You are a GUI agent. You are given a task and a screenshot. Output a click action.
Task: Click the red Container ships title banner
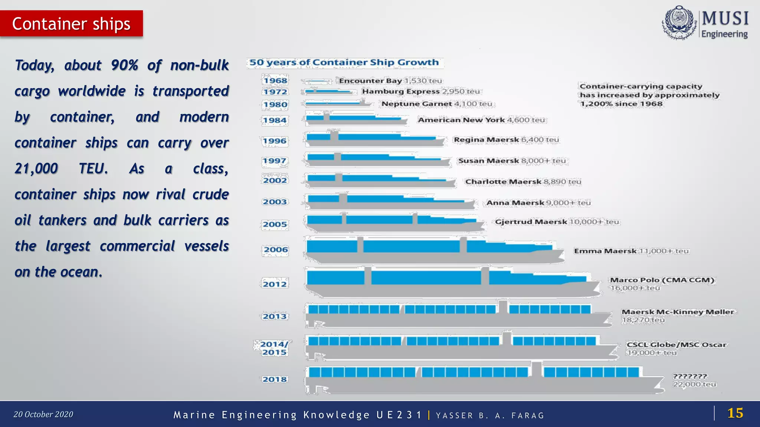(x=71, y=24)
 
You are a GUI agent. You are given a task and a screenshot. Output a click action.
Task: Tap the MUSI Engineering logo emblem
(x=679, y=23)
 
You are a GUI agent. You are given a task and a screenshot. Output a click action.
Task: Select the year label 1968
(x=275, y=80)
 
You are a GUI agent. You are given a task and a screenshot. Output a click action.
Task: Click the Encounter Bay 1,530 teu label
(x=390, y=81)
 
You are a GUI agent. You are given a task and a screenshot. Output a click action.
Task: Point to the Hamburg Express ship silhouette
(x=328, y=92)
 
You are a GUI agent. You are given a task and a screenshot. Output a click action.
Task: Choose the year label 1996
(x=275, y=141)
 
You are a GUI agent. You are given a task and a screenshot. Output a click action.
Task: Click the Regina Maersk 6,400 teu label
(x=506, y=140)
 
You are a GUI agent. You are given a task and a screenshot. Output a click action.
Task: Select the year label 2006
(x=276, y=249)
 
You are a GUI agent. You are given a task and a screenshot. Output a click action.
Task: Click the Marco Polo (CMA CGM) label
(x=662, y=280)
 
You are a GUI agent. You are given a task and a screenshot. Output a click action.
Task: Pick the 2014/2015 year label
(x=274, y=348)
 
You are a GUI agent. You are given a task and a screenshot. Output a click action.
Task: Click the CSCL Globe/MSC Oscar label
(x=676, y=345)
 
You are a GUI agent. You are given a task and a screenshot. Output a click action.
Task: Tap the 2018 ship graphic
(x=482, y=380)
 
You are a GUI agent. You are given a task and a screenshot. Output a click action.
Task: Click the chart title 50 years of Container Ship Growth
(x=344, y=62)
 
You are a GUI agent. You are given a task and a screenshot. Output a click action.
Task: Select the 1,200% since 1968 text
(x=621, y=104)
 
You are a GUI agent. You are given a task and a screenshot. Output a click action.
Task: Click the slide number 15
(x=735, y=413)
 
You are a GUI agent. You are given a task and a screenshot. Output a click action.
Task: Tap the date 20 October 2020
(x=43, y=414)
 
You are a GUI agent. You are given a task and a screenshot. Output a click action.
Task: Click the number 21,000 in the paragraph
(x=36, y=169)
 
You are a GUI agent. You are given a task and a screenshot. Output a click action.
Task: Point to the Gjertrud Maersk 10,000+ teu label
(x=557, y=222)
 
